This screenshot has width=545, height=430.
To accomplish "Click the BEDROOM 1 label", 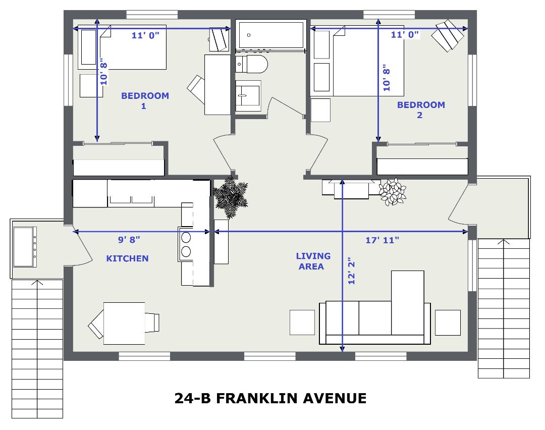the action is tap(145, 100).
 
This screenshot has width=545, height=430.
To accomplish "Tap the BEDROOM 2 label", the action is tap(421, 110).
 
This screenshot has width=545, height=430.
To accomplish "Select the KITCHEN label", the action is tap(127, 258).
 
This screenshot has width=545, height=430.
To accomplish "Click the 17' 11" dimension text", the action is tap(382, 240).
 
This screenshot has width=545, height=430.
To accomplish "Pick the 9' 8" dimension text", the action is tap(129, 240).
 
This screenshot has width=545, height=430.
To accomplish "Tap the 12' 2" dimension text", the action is tap(351, 271).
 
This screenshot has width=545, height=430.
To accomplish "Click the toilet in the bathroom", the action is tap(252, 64).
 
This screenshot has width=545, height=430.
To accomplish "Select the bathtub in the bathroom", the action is tap(271, 34).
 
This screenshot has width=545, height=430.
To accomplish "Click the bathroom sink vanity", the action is tap(248, 96).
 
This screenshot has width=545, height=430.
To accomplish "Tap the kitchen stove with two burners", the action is tap(186, 244).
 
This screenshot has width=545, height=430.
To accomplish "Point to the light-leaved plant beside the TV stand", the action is tap(393, 192).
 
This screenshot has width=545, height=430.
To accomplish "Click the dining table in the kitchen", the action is tap(124, 324).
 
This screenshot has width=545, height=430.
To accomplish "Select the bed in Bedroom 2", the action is tap(357, 61).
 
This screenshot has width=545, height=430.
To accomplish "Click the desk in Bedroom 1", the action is tap(217, 84).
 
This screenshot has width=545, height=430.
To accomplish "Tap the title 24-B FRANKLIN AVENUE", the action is tap(270, 398).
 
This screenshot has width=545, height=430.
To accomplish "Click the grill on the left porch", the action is tap(24, 247).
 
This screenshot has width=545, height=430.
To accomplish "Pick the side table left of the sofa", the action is tap(302, 322).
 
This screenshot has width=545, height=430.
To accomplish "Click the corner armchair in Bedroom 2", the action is tap(448, 35).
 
